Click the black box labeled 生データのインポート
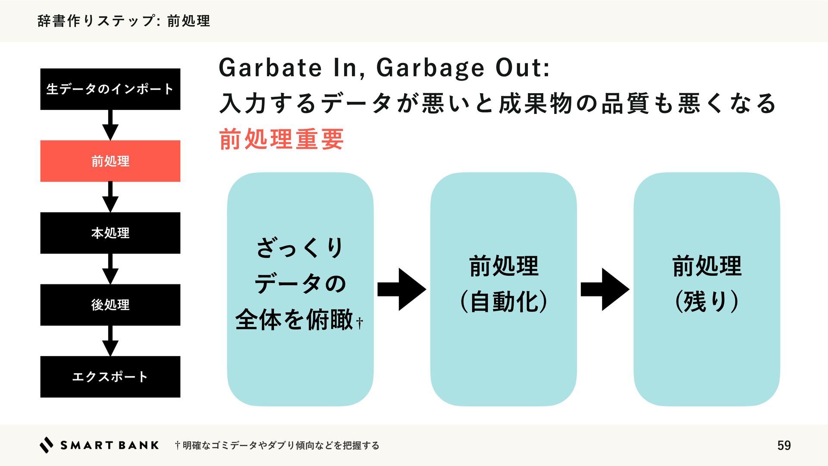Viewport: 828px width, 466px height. (110, 89)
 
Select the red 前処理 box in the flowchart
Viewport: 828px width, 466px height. (110, 161)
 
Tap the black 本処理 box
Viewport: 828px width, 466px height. (110, 233)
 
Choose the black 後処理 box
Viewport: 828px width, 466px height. (110, 305)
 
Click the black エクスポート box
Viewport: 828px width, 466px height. (110, 377)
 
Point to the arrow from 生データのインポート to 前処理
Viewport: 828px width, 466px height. (110, 125)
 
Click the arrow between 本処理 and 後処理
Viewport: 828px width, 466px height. (110, 269)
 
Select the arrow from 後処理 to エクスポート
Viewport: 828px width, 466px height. (110, 341)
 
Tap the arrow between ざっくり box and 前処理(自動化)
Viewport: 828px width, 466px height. (401, 289)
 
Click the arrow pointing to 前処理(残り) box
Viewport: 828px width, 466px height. (605, 289)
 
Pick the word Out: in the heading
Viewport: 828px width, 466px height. (523, 68)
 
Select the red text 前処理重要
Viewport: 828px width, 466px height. (281, 139)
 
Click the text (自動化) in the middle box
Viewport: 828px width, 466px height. (504, 302)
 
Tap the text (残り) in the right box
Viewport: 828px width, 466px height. (707, 302)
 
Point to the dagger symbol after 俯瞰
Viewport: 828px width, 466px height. (360, 322)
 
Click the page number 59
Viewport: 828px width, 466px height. (784, 445)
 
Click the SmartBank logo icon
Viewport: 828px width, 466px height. (47, 445)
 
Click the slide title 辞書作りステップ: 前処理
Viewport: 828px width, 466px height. (124, 21)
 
